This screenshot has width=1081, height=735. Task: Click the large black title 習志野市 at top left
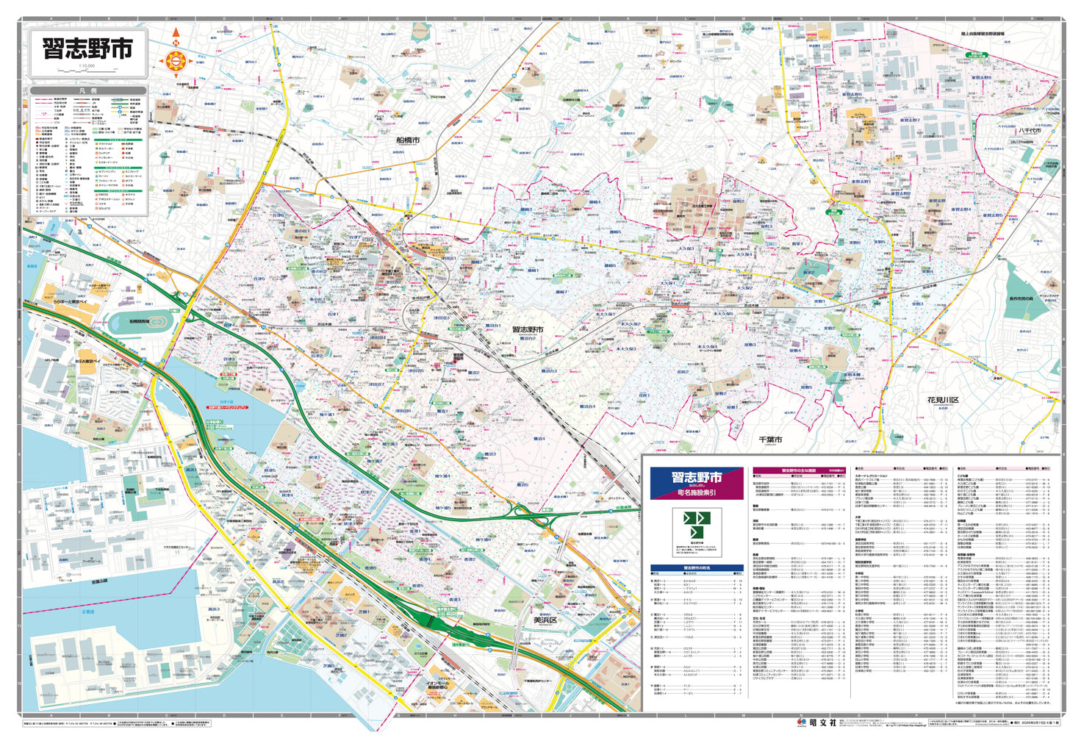tap(88, 50)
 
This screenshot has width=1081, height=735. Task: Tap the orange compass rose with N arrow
tap(175, 61)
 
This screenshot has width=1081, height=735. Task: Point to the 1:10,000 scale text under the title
tap(87, 67)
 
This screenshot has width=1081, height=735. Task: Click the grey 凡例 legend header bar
tap(88, 91)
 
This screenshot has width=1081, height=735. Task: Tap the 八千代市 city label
tap(1030, 130)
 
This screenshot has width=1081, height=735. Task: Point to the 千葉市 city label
tap(770, 439)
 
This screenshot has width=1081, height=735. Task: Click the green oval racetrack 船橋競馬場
tap(140, 322)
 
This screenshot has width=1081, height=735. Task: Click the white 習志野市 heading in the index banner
tap(696, 478)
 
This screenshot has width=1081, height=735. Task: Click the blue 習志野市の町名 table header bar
tap(696, 568)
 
